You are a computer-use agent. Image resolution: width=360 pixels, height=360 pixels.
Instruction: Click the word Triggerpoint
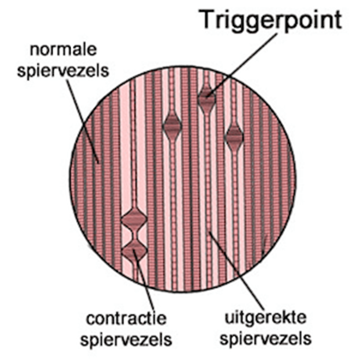point(272,20)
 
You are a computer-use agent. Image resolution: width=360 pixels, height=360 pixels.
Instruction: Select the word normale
point(63,50)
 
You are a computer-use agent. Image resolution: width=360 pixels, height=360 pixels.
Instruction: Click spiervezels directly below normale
point(63,71)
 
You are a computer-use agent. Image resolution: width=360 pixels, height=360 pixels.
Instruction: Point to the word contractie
point(126,319)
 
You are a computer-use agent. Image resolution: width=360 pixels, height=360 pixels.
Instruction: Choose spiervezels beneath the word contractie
point(126,339)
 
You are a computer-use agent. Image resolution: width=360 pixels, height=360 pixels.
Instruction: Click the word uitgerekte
point(265,319)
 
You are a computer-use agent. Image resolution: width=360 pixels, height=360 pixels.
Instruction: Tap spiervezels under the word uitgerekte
point(265,338)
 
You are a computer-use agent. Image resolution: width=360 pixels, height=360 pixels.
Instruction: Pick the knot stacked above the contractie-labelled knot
point(134,219)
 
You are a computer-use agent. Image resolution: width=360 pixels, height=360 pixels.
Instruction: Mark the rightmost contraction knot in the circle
point(234,137)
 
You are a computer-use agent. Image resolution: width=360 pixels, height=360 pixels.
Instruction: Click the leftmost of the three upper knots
point(172,125)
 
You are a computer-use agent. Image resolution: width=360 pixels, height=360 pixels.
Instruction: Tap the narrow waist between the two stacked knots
point(134,235)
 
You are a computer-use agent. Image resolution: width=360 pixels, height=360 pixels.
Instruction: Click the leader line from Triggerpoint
point(243,64)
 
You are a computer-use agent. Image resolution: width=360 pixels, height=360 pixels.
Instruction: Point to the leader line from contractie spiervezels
point(144,280)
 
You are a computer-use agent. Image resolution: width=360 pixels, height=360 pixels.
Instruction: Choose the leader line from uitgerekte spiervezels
point(237,271)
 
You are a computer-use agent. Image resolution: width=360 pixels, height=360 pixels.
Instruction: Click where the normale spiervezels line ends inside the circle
point(99,163)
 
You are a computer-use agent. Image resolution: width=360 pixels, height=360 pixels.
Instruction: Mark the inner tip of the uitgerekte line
point(210,231)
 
